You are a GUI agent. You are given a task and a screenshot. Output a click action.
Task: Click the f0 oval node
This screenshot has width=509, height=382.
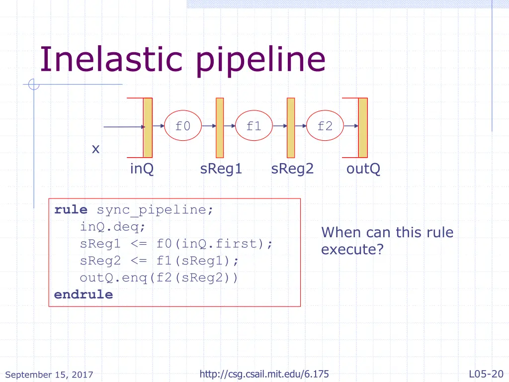[182, 126]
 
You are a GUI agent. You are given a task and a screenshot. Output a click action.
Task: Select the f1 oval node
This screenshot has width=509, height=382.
[254, 126]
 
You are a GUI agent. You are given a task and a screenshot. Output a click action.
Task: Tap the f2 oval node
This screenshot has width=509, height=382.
[325, 126]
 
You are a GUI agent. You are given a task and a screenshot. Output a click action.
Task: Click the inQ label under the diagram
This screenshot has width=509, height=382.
[142, 169]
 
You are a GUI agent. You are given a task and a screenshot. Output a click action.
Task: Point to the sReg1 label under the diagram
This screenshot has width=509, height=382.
[221, 169]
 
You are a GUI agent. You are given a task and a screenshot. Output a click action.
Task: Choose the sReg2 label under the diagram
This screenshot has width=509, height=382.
[292, 169]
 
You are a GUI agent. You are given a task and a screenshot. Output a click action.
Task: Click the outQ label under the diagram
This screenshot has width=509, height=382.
[363, 169]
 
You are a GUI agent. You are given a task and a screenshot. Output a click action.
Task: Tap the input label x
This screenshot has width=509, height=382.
[95, 149]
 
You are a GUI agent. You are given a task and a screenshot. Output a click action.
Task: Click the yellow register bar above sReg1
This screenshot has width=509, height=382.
[220, 127]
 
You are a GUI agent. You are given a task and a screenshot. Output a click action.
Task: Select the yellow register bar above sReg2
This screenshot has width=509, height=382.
[291, 127]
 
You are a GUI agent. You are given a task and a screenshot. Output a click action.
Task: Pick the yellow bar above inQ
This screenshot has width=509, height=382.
[148, 127]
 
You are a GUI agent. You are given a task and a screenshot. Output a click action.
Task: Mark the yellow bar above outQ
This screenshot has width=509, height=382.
[363, 127]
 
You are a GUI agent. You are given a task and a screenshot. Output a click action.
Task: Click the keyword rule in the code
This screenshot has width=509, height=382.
[71, 210]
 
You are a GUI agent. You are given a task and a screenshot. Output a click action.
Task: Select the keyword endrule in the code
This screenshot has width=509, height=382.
[84, 294]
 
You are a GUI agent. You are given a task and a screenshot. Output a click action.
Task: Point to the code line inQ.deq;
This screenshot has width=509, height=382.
[113, 227]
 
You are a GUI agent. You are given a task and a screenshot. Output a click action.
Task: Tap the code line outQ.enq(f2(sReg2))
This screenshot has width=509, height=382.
[159, 278]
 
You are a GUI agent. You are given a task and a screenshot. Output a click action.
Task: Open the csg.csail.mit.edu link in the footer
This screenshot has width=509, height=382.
[264, 374]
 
